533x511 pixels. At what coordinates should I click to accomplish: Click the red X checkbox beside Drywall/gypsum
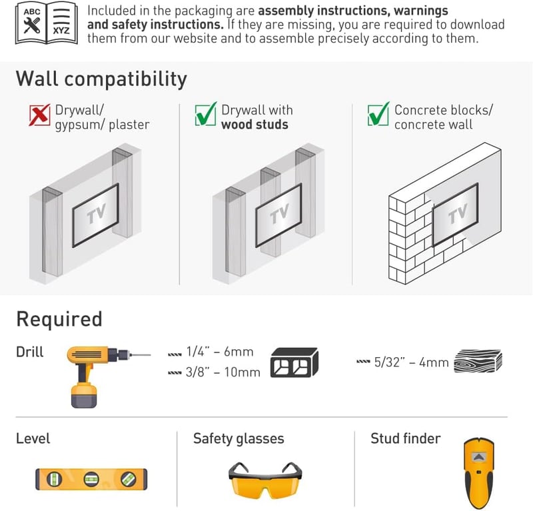(39, 115)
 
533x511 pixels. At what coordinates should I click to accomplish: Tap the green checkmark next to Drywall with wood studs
(206, 114)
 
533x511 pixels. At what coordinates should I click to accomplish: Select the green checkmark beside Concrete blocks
(378, 114)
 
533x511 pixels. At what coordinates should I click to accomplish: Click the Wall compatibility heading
(101, 80)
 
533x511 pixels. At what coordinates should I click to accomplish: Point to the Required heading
(59, 319)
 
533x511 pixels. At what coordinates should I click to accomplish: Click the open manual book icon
(46, 23)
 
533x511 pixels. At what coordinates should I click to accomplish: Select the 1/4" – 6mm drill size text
(220, 352)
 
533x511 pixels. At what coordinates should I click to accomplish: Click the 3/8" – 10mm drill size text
(223, 372)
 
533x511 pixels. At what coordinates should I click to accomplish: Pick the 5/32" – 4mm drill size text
(411, 362)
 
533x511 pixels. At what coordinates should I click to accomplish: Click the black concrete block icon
(294, 362)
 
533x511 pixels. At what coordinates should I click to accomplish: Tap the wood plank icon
(478, 361)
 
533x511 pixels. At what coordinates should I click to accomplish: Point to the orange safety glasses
(265, 480)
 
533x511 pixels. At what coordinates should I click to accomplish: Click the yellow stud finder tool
(478, 473)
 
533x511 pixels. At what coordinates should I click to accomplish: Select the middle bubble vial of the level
(91, 480)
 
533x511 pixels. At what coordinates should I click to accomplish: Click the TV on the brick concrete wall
(456, 215)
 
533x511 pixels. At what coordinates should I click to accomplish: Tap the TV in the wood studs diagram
(278, 215)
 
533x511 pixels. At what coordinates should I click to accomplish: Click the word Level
(33, 438)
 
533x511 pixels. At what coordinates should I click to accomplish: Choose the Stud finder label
(406, 438)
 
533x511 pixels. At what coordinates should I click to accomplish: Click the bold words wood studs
(255, 125)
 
